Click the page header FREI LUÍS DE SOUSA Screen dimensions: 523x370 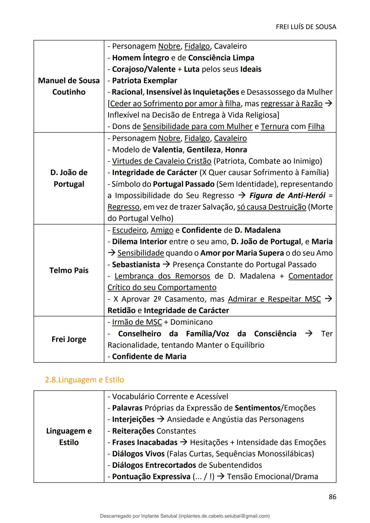click(306, 27)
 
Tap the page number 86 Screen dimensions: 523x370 click(332, 497)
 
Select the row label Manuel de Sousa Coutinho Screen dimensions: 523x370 click(69, 86)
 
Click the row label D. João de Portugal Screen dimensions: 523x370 click(69, 178)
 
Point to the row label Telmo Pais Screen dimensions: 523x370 click(69, 270)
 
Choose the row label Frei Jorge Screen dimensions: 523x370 click(69, 339)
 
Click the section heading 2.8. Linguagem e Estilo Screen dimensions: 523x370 click(84, 380)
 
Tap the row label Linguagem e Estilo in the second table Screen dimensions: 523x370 click(69, 436)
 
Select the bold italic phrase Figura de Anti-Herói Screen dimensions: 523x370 click(287, 195)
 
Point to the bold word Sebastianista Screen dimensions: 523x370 click(136, 265)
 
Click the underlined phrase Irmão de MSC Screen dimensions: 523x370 click(137, 322)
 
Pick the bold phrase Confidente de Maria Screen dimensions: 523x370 click(149, 356)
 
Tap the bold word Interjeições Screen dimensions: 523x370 click(133, 419)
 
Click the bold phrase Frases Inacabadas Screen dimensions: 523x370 click(145, 442)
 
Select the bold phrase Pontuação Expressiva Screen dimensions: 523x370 click(151, 476)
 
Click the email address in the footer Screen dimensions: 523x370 click(224, 516)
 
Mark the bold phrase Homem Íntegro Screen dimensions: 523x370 click(140, 58)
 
